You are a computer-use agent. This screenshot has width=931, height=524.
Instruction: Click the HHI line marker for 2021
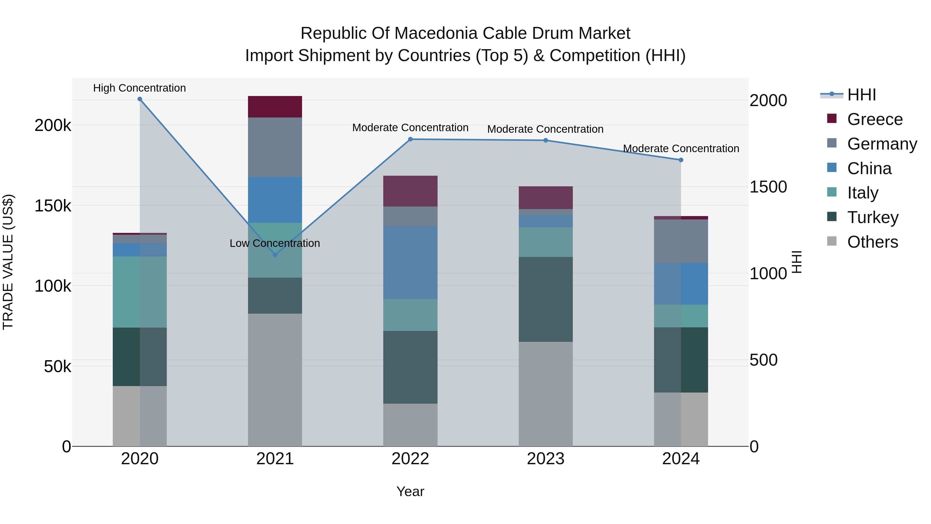tap(275, 255)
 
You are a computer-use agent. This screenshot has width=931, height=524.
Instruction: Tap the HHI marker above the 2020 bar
tap(140, 99)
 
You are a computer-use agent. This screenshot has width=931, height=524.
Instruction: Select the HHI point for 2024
tap(681, 160)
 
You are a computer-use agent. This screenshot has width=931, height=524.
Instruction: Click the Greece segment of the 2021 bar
tap(275, 107)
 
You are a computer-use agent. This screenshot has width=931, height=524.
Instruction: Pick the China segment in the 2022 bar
tap(410, 263)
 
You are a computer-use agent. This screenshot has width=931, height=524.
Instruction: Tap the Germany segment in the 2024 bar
tap(681, 241)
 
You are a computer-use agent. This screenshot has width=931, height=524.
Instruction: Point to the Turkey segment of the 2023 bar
tap(546, 299)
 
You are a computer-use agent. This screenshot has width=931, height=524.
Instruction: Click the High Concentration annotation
tap(139, 88)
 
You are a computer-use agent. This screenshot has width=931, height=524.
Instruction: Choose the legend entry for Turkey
tap(873, 217)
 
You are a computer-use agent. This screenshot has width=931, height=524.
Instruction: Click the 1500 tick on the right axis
tap(768, 187)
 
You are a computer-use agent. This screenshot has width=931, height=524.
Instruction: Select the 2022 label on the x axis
tap(410, 459)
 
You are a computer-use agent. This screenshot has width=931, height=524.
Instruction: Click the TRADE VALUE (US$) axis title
tap(8, 262)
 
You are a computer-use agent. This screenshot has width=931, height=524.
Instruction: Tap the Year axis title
tap(410, 491)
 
